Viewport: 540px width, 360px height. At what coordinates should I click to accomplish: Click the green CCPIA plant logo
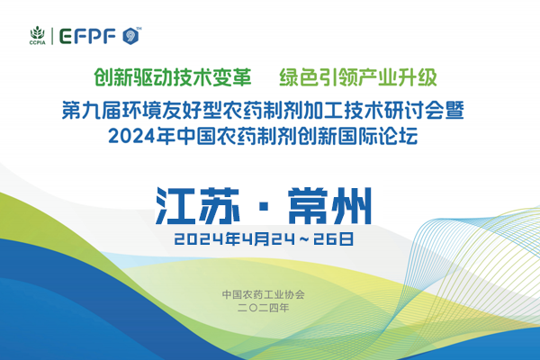37,31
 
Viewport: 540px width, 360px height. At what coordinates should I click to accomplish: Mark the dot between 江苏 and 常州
262,206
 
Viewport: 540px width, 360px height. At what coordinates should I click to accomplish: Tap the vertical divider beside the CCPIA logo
56,35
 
